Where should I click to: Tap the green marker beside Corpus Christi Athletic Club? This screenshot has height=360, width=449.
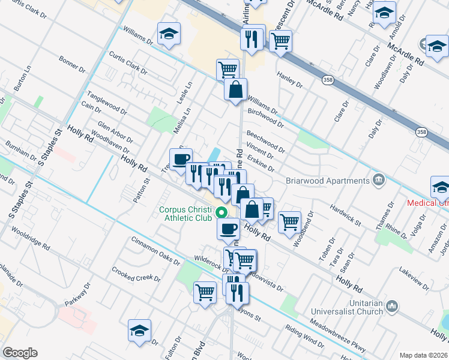pos(221,212)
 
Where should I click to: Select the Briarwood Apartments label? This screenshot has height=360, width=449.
pos(335,181)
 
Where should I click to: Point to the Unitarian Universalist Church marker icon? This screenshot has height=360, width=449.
pos(393,307)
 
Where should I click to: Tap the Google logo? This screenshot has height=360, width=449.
pos(20,353)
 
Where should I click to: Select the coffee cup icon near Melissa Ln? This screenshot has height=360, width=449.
pos(181,159)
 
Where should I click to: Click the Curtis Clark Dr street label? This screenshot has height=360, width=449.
pos(128,62)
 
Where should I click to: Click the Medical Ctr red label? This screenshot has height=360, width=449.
pos(427,203)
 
